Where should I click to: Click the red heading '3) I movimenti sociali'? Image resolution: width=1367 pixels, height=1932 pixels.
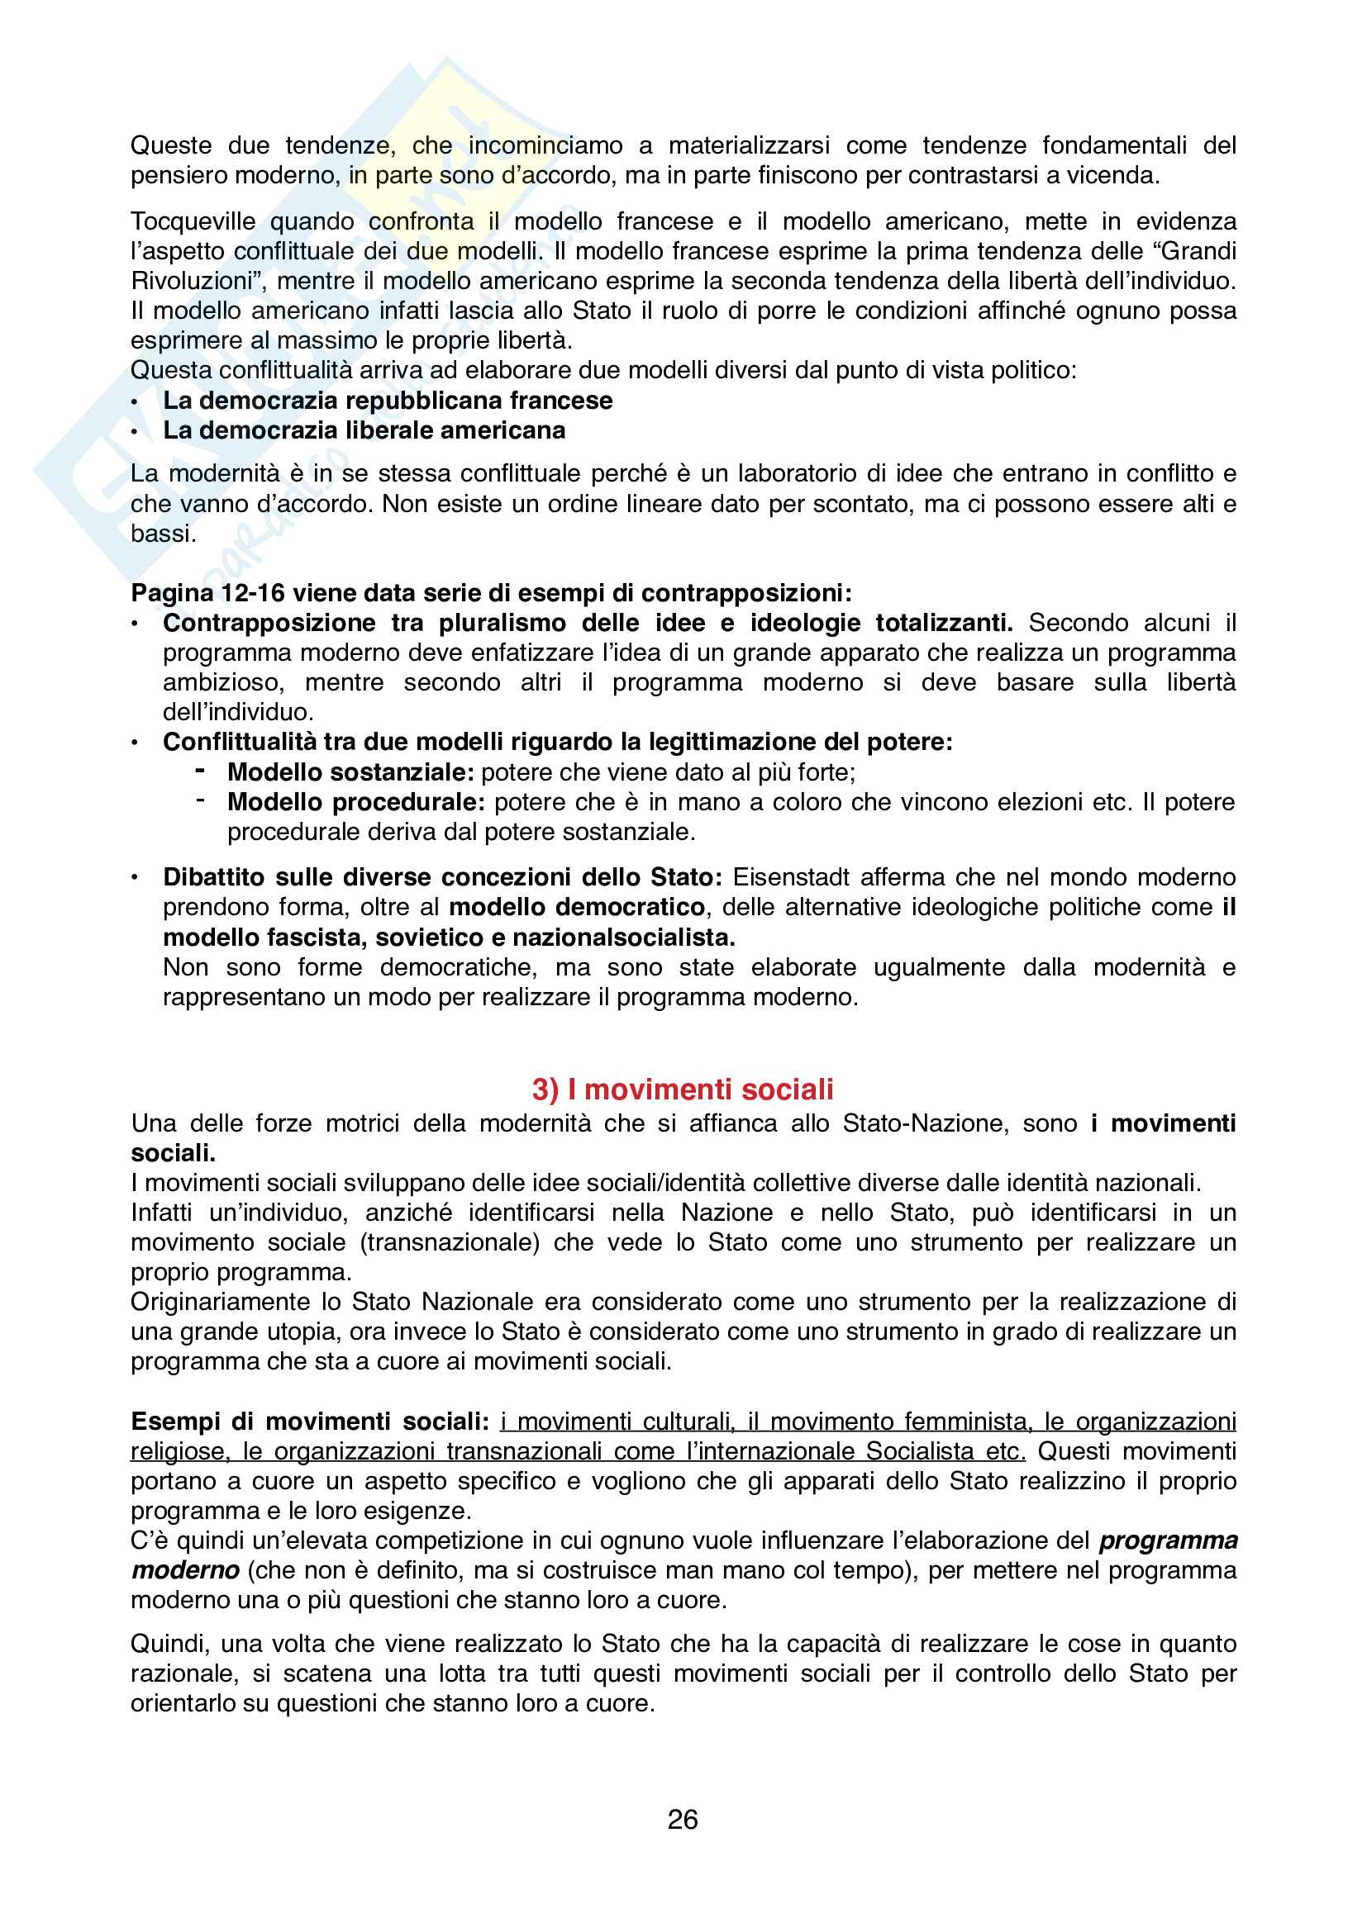[x=683, y=1089]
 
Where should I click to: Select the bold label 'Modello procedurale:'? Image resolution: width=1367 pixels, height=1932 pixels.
[x=356, y=802]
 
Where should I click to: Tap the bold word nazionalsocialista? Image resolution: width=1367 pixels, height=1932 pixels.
[x=641, y=937]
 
